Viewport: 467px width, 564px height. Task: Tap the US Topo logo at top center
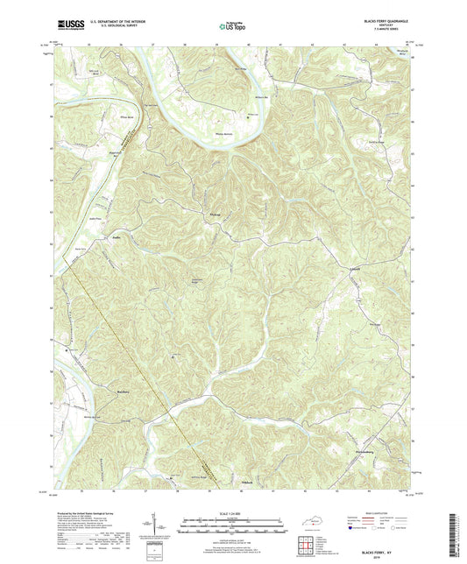click(x=230, y=27)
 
